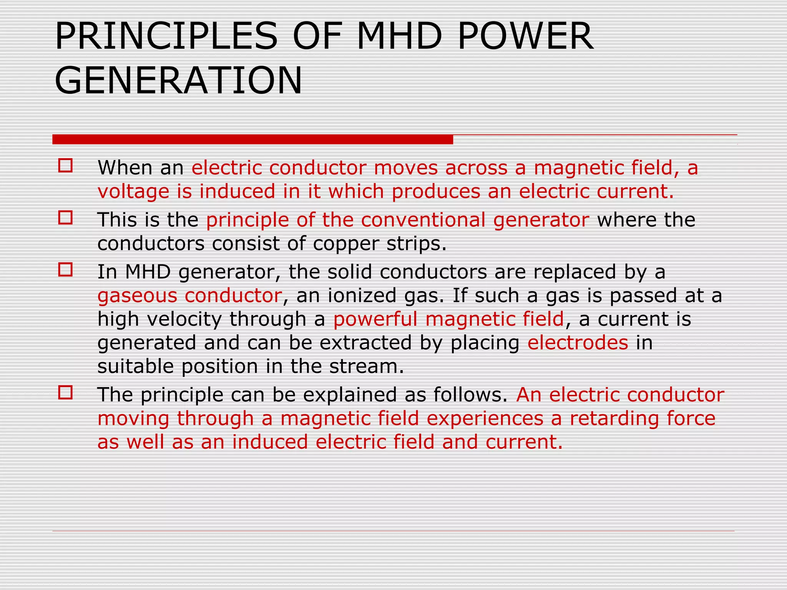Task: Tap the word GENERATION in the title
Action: pyautogui.click(x=178, y=81)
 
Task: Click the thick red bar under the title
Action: pyautogui.click(x=252, y=139)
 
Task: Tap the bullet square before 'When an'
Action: pyautogui.click(x=65, y=166)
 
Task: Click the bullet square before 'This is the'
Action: pyautogui.click(x=65, y=218)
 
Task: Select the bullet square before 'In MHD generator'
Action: pyautogui.click(x=65, y=270)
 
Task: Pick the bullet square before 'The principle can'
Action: pyautogui.click(x=65, y=393)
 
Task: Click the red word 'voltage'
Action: pyautogui.click(x=133, y=191)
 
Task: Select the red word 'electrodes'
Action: pyautogui.click(x=578, y=343)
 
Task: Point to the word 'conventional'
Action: pyautogui.click(x=423, y=220)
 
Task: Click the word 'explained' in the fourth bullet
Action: pyautogui.click(x=353, y=395)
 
